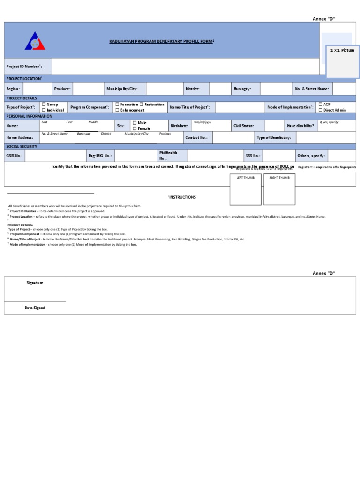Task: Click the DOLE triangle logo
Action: click(35, 42)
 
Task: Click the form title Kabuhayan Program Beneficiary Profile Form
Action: click(161, 41)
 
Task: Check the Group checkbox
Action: click(44, 105)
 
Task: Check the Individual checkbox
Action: click(44, 110)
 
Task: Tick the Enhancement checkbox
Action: click(117, 110)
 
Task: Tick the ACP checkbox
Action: click(320, 105)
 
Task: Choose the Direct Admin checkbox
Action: click(320, 110)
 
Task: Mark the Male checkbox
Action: click(135, 123)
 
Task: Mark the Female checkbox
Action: click(135, 128)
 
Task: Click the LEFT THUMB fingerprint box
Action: click(245, 190)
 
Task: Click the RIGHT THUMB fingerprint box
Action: click(279, 190)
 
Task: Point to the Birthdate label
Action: click(179, 126)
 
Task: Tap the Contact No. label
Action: click(196, 138)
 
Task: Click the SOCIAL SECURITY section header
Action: click(22, 147)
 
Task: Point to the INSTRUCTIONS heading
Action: click(182, 197)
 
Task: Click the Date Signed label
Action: click(35, 308)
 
